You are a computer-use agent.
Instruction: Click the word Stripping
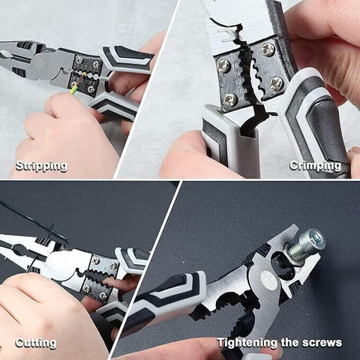pos(41,166)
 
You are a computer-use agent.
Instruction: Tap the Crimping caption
pos(316,165)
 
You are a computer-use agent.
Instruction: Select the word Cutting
pos(36,343)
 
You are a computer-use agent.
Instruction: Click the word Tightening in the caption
pos(247,343)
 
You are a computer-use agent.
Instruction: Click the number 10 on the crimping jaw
pos(240,91)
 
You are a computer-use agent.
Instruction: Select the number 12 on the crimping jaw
pos(239,82)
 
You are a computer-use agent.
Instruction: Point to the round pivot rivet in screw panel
pos(268,279)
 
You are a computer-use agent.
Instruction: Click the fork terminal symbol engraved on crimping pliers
pos(226,35)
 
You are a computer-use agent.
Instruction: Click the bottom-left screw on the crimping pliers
pos(229,99)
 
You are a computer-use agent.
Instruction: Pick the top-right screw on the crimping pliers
pos(268,50)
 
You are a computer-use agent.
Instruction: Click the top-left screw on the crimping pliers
pos(223,66)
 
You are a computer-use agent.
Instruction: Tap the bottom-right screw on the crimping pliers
pos(277,82)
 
